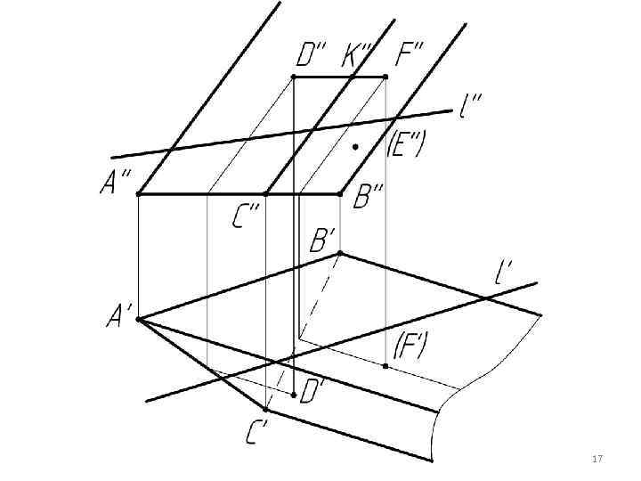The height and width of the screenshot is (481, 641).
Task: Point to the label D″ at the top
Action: (x=311, y=56)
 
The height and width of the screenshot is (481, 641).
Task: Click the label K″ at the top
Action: (x=358, y=56)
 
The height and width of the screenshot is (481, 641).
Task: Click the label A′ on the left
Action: (x=119, y=315)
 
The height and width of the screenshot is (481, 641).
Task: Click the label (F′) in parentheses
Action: (x=410, y=344)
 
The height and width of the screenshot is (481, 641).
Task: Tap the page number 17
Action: (x=597, y=459)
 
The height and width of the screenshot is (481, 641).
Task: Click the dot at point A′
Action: (x=138, y=318)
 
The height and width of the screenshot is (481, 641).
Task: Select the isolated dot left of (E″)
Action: (x=354, y=146)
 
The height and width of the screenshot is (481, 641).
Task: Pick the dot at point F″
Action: (x=385, y=77)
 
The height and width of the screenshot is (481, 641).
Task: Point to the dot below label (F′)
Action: (x=385, y=366)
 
